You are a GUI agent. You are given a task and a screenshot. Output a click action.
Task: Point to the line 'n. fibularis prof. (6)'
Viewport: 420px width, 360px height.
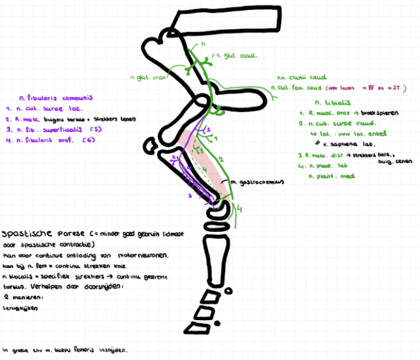(46, 141)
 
